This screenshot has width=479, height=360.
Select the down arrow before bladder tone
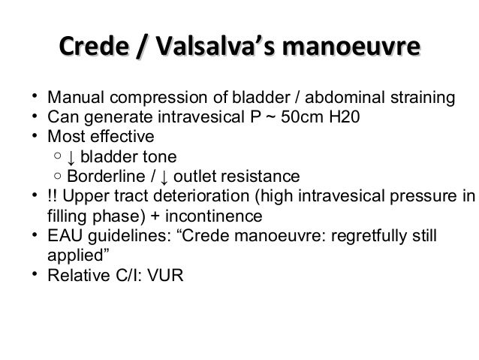70,158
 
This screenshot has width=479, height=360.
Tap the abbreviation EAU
63,236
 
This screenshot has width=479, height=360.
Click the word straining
426,98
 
